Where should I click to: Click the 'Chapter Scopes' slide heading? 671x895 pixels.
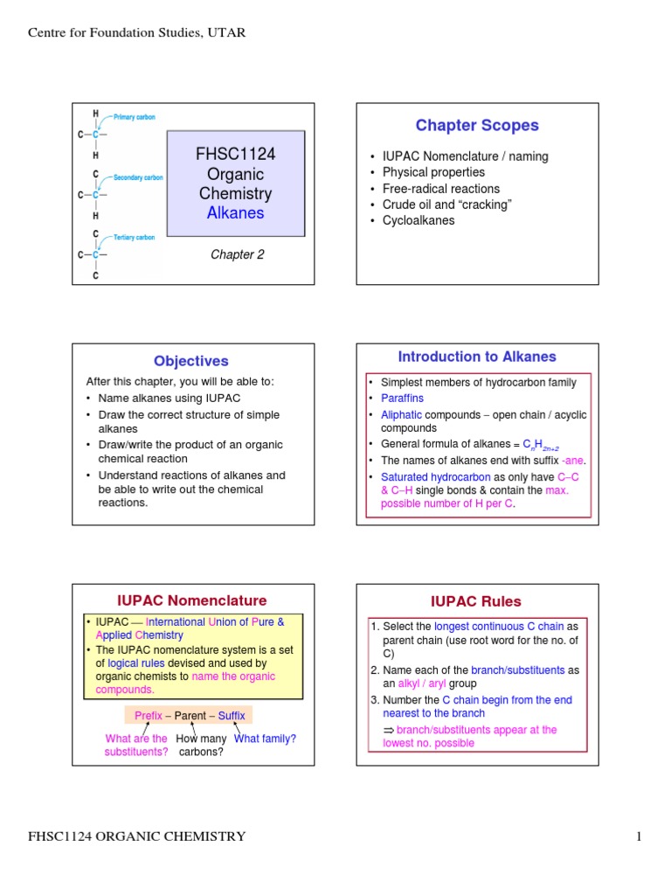[477, 126]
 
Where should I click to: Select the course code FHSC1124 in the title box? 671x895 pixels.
[235, 155]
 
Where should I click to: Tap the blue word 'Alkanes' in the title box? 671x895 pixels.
[235, 212]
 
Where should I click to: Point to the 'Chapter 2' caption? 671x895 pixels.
[236, 254]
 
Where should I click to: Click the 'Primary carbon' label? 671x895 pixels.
[135, 117]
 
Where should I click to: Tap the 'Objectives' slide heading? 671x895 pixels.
[191, 361]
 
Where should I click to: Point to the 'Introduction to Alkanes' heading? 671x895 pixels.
[477, 357]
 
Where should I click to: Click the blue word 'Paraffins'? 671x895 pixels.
[402, 398]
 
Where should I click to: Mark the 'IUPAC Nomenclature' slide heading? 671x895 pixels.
[192, 600]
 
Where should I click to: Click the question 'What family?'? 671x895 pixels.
[266, 739]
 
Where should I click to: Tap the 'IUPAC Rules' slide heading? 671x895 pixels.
[476, 601]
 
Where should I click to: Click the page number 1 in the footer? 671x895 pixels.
[639, 836]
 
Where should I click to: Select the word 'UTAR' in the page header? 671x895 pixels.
[228, 33]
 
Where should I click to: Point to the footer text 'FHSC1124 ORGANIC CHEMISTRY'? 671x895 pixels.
[137, 836]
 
